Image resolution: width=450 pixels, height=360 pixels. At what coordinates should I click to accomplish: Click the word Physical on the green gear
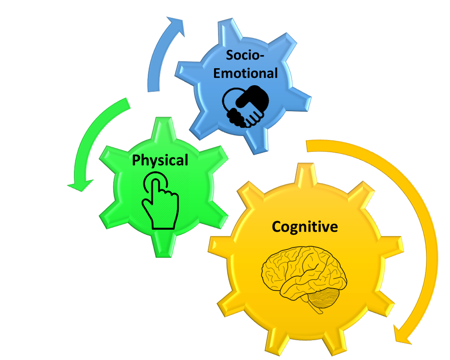pyautogui.click(x=160, y=160)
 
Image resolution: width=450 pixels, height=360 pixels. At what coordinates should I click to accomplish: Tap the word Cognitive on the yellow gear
pyautogui.click(x=305, y=227)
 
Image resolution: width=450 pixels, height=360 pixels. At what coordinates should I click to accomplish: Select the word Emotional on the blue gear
pyautogui.click(x=245, y=73)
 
